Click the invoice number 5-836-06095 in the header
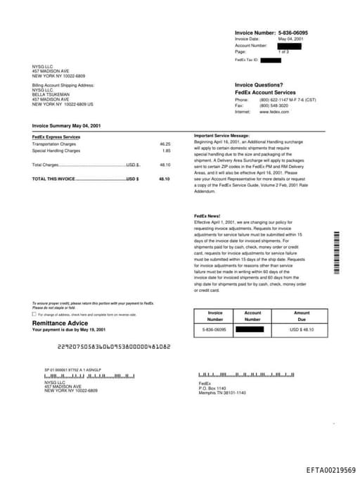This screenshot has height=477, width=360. [x=292, y=32]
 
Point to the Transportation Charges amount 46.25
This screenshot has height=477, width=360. [x=165, y=144]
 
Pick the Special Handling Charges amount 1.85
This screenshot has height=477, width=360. [x=167, y=151]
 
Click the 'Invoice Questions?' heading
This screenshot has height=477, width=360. [x=259, y=84]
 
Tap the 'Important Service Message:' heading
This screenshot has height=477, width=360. [x=221, y=134]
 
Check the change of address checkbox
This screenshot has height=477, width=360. [x=34, y=314]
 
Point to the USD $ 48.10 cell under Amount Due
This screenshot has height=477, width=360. [x=302, y=329]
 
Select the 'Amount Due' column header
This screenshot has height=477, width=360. [x=302, y=315]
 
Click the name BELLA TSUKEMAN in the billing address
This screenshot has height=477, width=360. [x=51, y=94]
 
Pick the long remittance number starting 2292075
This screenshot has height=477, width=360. [x=114, y=347]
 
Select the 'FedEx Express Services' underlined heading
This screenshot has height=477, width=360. [x=56, y=136]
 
